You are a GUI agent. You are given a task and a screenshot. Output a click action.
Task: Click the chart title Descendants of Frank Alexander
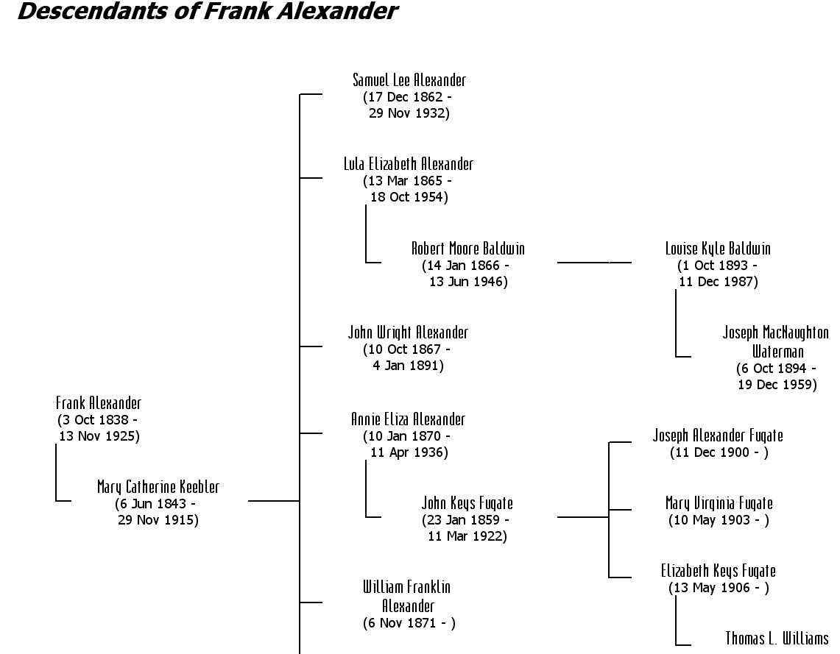point(207,13)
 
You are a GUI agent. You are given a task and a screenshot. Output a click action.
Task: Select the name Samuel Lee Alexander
point(409,80)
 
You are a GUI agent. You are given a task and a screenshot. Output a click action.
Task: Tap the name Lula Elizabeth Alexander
point(409,164)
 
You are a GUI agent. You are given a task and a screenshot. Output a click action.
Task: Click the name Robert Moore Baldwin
point(468,249)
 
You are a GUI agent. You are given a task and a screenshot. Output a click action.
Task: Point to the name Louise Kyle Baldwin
point(718,249)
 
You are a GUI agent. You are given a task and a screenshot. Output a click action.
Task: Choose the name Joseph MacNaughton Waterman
point(776,341)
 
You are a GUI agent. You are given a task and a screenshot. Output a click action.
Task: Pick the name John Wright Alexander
point(408,333)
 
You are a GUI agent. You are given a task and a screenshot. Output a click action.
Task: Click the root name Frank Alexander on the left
point(99,403)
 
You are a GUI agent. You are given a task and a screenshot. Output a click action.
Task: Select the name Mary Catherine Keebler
point(158,487)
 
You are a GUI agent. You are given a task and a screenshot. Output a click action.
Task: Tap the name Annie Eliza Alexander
point(408,419)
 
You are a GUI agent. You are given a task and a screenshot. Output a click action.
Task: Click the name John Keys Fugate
point(467,504)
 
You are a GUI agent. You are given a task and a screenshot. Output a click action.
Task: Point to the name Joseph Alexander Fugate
point(718,436)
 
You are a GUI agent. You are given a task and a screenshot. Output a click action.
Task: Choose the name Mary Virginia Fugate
point(719,504)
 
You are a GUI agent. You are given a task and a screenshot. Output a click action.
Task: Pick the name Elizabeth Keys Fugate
point(718,571)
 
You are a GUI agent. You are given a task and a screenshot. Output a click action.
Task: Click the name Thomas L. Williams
point(777,638)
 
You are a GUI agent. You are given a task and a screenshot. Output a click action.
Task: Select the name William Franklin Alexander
point(406,597)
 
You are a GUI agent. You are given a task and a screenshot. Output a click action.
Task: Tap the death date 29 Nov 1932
point(409,113)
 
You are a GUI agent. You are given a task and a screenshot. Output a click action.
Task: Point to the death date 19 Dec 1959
point(777,385)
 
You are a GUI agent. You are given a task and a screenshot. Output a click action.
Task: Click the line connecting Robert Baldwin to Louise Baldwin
point(594,262)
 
